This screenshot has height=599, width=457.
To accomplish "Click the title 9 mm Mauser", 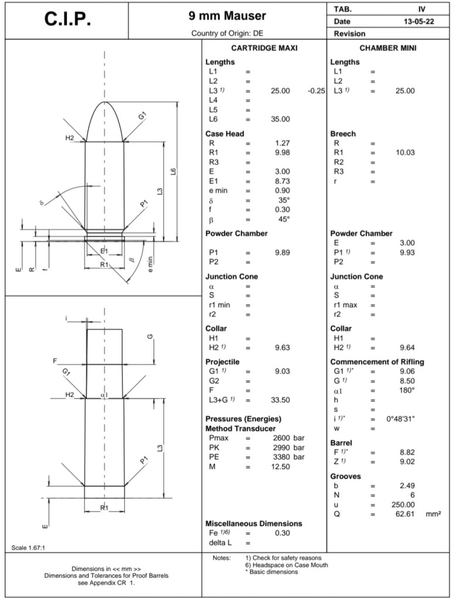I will (227, 16).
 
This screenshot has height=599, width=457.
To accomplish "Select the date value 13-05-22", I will (418, 21).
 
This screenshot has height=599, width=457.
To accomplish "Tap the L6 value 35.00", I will (280, 119).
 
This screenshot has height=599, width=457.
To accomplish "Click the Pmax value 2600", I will (283, 438).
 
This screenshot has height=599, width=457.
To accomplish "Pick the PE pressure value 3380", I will (283, 457).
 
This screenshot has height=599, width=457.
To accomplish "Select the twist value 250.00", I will (403, 505).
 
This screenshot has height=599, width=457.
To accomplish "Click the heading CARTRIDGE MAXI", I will (264, 48).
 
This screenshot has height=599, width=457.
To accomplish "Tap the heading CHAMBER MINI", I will (388, 48).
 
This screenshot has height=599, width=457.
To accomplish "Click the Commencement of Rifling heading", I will (377, 362).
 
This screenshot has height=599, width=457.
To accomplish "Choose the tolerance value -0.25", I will (316, 91).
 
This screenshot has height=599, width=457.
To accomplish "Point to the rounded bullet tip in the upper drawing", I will (105, 104).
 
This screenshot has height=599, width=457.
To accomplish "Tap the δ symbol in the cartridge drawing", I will (42, 203).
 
